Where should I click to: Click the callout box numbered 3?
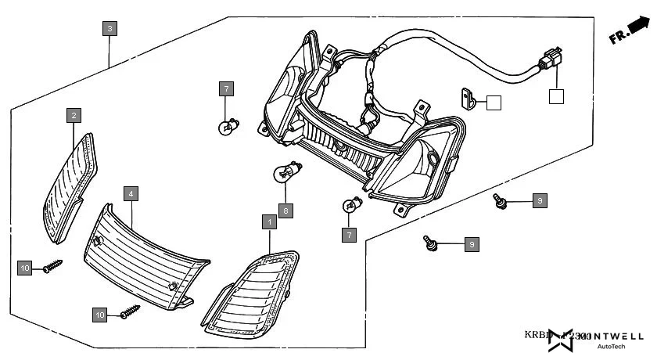tap(110, 29)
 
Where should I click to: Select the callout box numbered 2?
tap(74, 116)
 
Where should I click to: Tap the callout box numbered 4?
tap(131, 193)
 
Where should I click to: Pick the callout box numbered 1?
tap(270, 222)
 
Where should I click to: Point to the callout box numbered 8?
tap(286, 211)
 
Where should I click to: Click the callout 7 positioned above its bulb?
tap(225, 88)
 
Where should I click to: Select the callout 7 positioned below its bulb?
tap(349, 234)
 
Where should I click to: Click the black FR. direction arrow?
tap(638, 28)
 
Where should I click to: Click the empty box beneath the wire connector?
tap(555, 97)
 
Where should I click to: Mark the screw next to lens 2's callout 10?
tap(52, 266)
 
